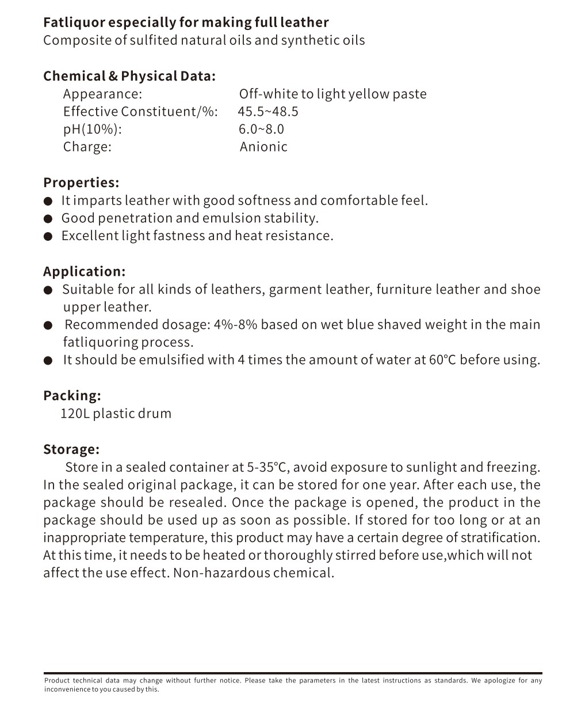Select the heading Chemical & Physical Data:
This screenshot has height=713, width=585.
(129, 76)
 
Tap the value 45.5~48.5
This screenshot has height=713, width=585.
(268, 112)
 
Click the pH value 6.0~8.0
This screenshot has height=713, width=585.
(262, 129)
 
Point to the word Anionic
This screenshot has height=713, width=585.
(263, 147)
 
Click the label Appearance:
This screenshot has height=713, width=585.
(102, 94)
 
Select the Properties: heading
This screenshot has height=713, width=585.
(81, 183)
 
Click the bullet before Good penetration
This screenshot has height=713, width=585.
(49, 219)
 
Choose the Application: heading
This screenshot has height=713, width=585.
(84, 271)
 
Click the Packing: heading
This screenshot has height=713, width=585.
(72, 396)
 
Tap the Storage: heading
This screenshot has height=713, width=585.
(71, 449)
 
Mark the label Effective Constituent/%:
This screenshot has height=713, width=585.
(140, 112)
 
